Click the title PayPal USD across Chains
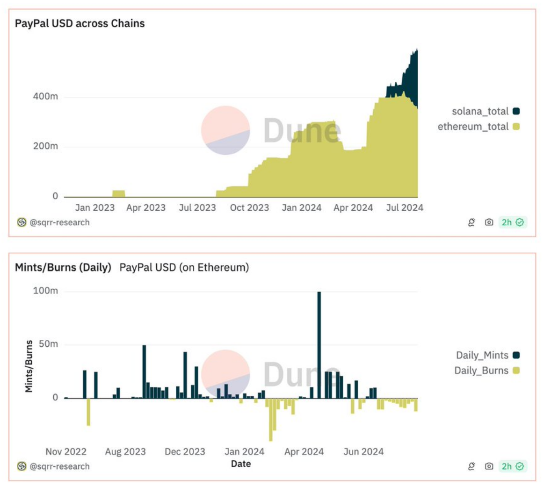click(80, 23)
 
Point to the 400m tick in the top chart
click(45, 97)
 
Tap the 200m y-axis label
click(45, 146)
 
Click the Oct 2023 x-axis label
click(249, 208)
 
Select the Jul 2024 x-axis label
click(405, 208)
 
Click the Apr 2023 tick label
click(146, 208)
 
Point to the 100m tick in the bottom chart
click(45, 291)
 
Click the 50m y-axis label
click(48, 344)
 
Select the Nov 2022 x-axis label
click(66, 452)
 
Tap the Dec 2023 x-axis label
click(185, 452)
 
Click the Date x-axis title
click(241, 464)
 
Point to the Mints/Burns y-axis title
click(29, 366)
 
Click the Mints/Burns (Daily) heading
click(63, 267)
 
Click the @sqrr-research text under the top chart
click(59, 222)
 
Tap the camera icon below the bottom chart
click(489, 466)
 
